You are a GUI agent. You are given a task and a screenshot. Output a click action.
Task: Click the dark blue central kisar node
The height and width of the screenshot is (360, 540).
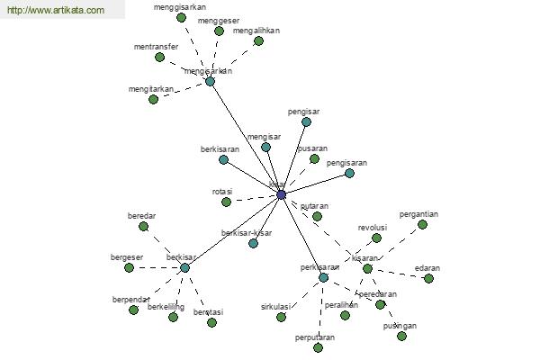tap(281, 194)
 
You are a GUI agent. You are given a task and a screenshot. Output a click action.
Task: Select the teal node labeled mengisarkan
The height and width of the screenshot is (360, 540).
tap(210, 81)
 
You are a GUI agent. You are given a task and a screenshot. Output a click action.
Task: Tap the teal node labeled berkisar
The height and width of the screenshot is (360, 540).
tap(184, 267)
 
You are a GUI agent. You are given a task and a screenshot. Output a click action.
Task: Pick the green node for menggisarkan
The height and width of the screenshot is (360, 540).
tap(181, 17)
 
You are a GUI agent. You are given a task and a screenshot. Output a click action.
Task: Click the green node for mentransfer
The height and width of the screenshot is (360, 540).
tap(159, 57)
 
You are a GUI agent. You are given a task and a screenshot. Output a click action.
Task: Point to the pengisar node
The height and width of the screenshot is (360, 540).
tap(306, 121)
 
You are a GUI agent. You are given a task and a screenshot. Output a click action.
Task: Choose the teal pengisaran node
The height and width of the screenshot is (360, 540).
tap(349, 173)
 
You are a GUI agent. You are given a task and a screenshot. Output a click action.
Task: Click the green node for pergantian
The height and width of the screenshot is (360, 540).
tap(422, 224)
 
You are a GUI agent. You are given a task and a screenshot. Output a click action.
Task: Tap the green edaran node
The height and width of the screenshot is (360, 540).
tap(428, 278)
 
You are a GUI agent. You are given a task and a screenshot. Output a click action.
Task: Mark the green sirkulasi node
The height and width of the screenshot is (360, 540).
tap(281, 316)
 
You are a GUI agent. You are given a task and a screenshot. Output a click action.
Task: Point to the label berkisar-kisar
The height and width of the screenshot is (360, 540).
tap(247, 233)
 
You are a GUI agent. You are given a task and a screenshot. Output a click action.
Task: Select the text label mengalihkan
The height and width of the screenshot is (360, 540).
tap(256, 30)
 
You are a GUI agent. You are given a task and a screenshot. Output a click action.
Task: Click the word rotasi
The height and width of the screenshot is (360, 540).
tap(221, 192)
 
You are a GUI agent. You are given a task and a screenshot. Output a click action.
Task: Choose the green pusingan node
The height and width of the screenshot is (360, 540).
tap(401, 336)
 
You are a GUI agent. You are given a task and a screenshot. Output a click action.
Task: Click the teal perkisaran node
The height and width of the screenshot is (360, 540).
tap(324, 277)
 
